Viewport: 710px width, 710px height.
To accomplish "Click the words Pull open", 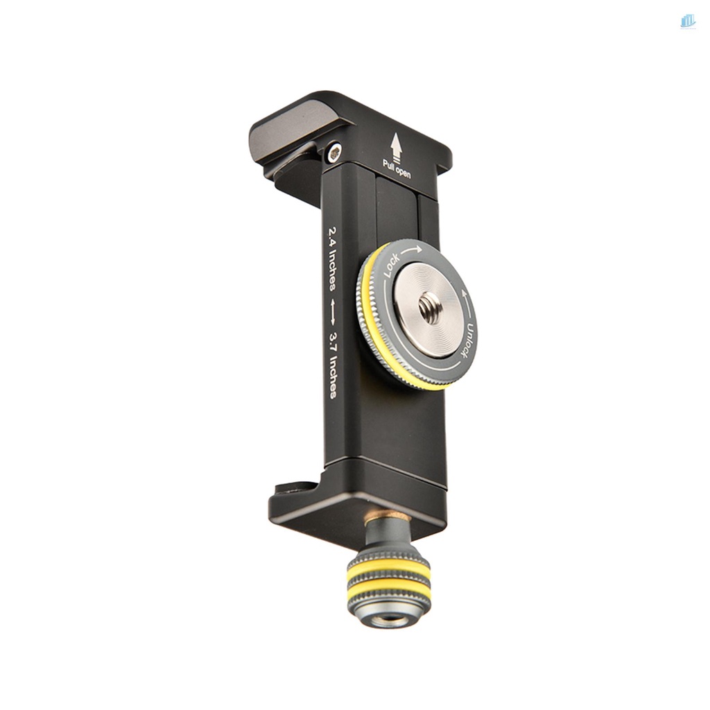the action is tap(397, 169).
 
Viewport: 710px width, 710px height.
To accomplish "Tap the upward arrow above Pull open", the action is tap(397, 146).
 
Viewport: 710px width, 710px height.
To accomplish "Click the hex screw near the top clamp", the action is tap(335, 153).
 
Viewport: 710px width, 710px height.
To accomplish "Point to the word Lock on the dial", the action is tap(391, 265).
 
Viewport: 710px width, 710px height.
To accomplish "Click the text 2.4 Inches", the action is tap(332, 259).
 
